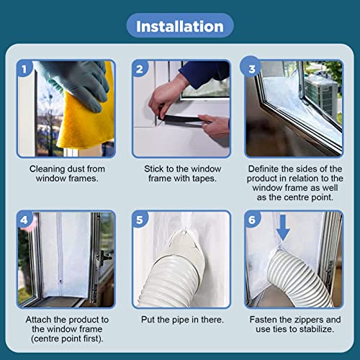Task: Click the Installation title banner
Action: [x=180, y=27]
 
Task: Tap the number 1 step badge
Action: [x=24, y=70]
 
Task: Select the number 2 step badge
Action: [x=140, y=70]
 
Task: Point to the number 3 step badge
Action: [x=253, y=70]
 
